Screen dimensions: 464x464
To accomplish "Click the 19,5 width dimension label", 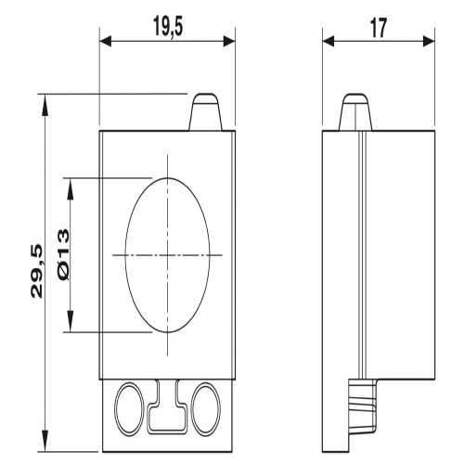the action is (x=168, y=28).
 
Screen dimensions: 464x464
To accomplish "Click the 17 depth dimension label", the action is (x=379, y=28).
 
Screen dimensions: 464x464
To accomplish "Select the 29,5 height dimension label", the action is (x=36, y=271).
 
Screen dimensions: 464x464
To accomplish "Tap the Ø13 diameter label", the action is (x=62, y=255).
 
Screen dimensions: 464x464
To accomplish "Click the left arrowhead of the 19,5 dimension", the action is (x=105, y=41).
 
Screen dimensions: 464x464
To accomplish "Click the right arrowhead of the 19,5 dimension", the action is (x=229, y=41).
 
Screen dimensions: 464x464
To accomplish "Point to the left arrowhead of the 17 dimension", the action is (x=329, y=41).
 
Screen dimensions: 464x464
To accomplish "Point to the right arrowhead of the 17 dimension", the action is (x=429, y=41).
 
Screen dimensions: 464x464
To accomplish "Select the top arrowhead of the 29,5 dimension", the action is (x=45, y=106).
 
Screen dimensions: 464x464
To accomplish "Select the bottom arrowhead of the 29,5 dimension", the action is (x=45, y=440).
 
